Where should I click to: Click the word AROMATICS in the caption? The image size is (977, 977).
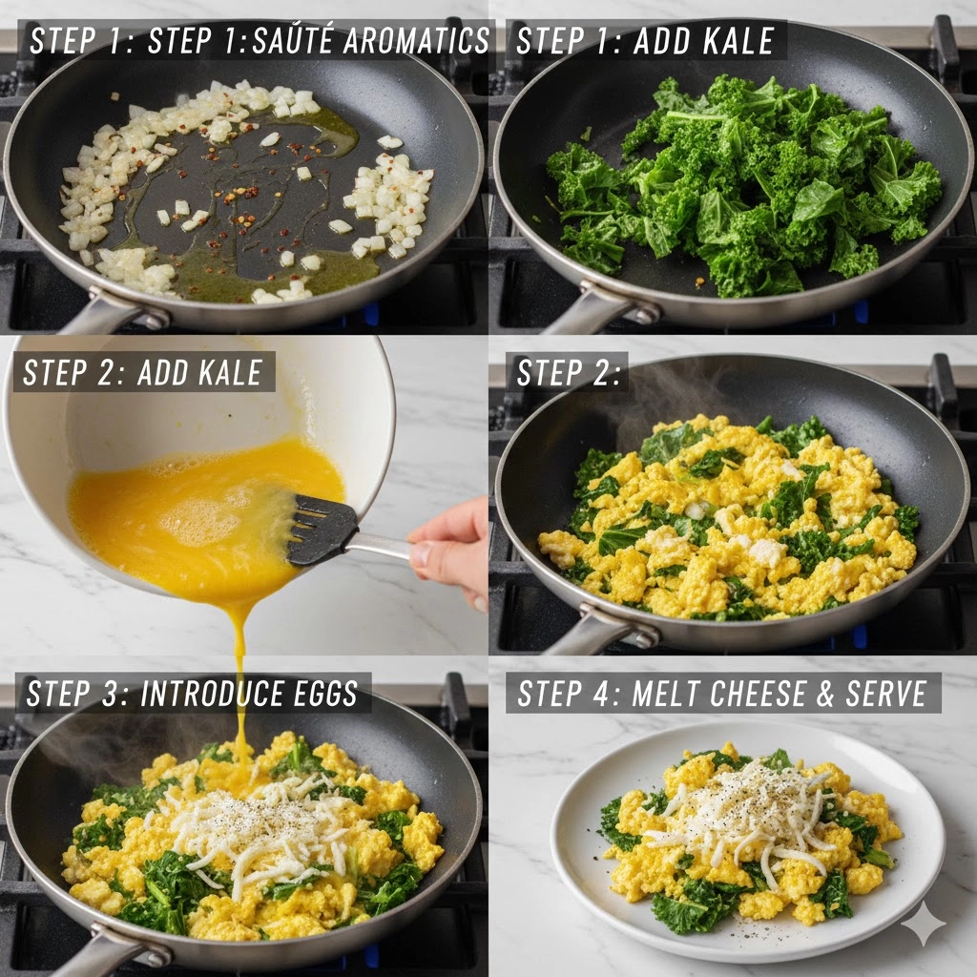point(416,41)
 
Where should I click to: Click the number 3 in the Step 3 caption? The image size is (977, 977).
point(110,694)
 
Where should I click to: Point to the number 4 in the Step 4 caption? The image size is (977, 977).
point(601,694)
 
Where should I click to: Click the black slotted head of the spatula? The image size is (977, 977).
point(322,530)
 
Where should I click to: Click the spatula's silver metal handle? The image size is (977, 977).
point(380,546)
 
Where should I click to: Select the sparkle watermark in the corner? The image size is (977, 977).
point(923,923)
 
